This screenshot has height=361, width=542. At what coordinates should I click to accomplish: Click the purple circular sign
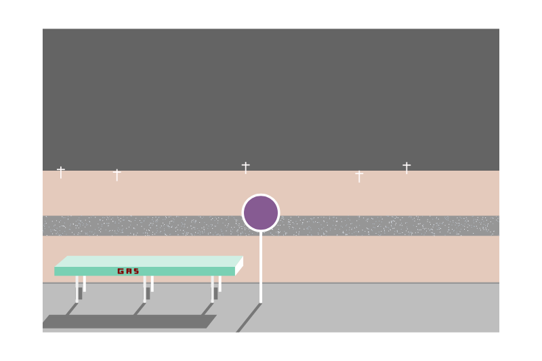pos(261,213)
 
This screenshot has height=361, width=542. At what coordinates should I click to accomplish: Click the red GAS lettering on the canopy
pos(128,271)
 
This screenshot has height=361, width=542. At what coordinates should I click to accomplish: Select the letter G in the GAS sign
pos(121,271)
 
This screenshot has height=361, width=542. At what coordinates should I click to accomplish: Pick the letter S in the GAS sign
pos(135,271)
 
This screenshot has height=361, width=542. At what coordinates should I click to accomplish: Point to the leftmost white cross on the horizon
pos(61,171)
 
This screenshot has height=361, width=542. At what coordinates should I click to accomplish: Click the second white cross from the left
pos(117,174)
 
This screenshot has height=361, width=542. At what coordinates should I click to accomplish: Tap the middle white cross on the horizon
pos(245,167)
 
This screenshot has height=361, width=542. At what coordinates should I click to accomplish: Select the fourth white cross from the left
pos(359,175)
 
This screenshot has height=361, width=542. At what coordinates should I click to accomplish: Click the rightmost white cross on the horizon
pos(406,167)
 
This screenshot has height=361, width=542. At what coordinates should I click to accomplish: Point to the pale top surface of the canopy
pos(149,261)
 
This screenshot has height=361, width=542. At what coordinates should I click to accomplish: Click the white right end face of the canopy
pos(239,266)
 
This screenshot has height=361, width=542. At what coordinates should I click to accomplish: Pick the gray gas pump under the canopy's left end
pos(80,293)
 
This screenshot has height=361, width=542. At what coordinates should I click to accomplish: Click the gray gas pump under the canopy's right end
pos(215,293)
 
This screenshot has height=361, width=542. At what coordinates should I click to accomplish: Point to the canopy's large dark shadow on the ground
pos(129,322)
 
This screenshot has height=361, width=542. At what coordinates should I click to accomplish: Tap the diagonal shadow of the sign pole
pos(249,318)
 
